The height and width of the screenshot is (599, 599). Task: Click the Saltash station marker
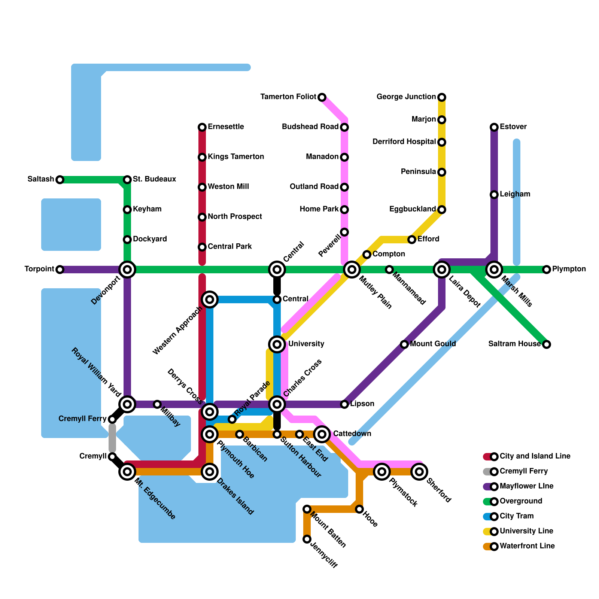tap(60, 180)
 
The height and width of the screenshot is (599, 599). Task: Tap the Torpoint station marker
tap(60, 270)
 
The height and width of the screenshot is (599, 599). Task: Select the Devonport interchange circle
tap(127, 270)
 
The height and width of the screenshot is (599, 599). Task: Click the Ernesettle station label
tap(226, 127)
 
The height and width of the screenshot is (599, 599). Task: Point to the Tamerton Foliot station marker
tap(322, 97)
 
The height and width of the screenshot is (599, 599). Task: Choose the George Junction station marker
tap(442, 97)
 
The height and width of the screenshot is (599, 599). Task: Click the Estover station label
tap(513, 127)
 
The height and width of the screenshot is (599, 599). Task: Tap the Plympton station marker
tap(547, 270)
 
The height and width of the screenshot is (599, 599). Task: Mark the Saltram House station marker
tap(547, 344)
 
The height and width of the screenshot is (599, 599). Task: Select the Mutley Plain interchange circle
tap(352, 270)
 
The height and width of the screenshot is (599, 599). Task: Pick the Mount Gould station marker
tap(404, 344)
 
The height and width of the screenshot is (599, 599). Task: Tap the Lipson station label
tap(362, 404)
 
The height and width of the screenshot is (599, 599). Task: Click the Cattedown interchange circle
tap(322, 434)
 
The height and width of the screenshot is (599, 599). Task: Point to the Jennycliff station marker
tap(307, 539)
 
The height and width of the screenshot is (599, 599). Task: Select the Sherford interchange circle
tap(419, 472)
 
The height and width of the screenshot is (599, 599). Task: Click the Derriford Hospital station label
tap(404, 142)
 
